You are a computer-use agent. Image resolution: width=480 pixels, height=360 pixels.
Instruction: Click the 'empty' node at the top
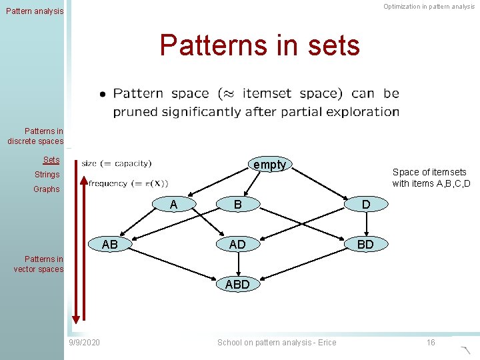pos(269,165)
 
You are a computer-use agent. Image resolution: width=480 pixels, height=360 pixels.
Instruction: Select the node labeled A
pos(173,204)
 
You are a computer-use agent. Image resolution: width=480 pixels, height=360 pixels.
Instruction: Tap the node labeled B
pos(237,204)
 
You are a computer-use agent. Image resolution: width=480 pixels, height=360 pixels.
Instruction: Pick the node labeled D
pos(365,204)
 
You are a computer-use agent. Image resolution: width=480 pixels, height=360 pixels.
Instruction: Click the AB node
pos(110,245)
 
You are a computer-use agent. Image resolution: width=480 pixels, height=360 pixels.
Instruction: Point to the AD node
pos(237,245)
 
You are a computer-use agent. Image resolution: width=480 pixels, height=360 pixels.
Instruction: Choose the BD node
pos(365,245)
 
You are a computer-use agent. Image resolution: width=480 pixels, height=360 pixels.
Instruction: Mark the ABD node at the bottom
pos(237,285)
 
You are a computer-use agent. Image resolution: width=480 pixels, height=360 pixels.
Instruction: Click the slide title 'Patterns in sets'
pos(259,46)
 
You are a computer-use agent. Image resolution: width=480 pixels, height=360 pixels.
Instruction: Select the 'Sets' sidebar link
pos(51,160)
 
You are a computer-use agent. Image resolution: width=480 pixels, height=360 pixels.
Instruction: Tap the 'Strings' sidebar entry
pos(47,175)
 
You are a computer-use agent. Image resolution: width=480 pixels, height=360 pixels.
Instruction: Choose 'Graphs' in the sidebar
pos(47,189)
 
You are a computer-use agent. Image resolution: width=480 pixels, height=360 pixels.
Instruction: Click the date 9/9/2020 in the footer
pos(85,343)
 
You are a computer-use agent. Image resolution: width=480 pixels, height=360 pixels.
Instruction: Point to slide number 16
pos(431,343)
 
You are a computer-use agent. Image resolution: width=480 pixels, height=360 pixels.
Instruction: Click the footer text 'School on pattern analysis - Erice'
pos(277,343)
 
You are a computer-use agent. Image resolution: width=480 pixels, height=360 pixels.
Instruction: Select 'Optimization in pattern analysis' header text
pos(429,7)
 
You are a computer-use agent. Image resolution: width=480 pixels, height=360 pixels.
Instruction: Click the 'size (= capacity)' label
pos(117,163)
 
